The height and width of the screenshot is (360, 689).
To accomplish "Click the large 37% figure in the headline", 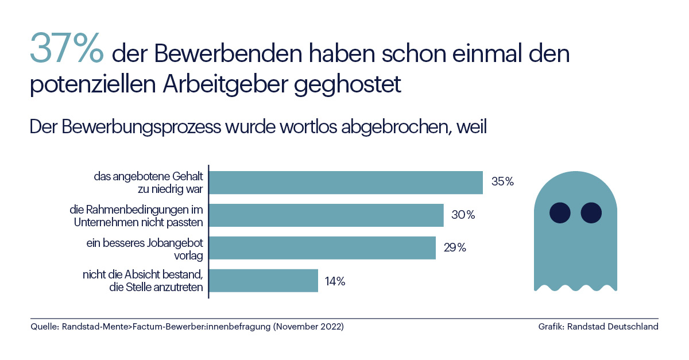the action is click(x=67, y=48).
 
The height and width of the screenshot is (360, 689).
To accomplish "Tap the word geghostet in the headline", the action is click(x=347, y=84).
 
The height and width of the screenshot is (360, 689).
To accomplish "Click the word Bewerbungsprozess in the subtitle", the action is click(x=141, y=127).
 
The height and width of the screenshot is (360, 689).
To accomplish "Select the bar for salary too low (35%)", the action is click(x=346, y=183).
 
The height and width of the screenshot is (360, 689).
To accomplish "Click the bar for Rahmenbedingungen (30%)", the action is click(x=326, y=215).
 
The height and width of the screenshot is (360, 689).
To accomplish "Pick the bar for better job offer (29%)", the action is click(x=322, y=248).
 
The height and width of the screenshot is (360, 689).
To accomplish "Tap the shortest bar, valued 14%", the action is click(x=264, y=281).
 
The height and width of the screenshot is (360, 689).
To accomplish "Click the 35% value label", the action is click(x=502, y=181).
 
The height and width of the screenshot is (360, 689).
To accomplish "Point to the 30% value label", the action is click(x=463, y=215).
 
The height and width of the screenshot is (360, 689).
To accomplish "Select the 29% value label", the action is click(x=455, y=247).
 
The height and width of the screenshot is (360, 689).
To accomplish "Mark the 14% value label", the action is click(x=335, y=281).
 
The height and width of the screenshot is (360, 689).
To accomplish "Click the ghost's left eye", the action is click(x=560, y=212).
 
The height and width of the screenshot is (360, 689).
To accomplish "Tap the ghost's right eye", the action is click(x=591, y=212).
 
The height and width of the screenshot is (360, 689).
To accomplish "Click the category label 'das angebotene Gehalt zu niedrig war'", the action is click(x=149, y=183).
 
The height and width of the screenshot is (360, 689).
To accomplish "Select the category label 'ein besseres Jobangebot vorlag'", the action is click(x=145, y=249).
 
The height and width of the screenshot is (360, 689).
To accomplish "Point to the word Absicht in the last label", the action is click(x=142, y=274).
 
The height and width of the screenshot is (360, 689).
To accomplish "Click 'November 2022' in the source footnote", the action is click(x=308, y=327).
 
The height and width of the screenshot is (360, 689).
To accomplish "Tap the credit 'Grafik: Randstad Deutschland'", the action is click(x=598, y=327).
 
